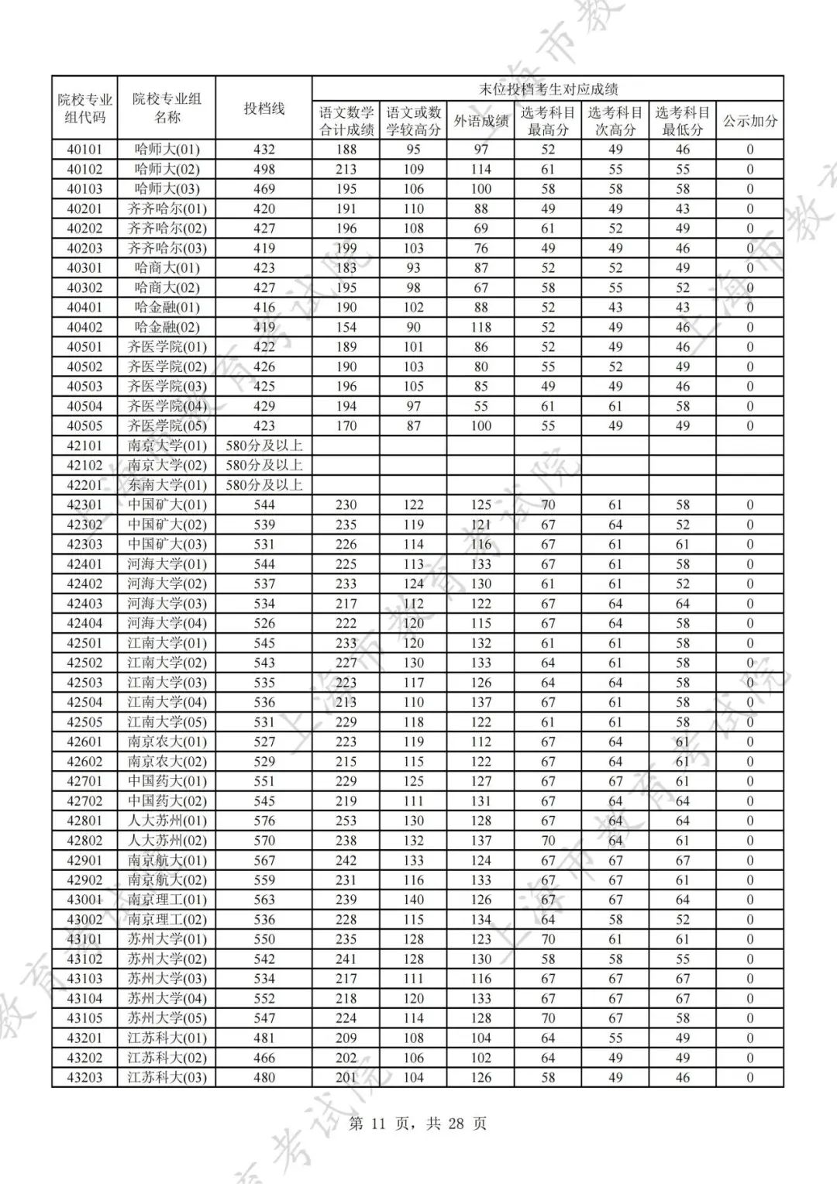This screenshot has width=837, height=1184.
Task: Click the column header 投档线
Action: tap(264, 108)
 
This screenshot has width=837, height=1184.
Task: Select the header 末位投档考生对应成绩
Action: tap(547, 89)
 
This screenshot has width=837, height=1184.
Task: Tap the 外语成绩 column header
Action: tap(480, 121)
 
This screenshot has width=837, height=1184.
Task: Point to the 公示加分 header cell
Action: tap(749, 121)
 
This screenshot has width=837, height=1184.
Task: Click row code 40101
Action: tap(84, 150)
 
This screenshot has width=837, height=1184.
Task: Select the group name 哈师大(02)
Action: tap(167, 169)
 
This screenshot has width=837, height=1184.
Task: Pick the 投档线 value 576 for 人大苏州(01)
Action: tap(264, 821)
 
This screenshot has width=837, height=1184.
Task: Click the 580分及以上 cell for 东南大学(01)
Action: tap(264, 485)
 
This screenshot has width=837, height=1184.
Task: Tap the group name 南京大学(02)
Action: tap(167, 465)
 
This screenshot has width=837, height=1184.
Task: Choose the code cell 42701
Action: tap(84, 781)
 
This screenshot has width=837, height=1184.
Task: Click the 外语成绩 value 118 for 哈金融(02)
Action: tap(480, 327)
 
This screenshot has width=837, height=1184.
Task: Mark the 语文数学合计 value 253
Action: tap(346, 821)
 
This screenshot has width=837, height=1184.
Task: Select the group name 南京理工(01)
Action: tap(167, 900)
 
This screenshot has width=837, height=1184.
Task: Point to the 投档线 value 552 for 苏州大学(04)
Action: tap(264, 998)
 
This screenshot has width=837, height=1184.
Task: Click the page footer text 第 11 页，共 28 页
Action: tap(418, 1124)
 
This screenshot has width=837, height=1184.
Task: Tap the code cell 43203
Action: tap(84, 1077)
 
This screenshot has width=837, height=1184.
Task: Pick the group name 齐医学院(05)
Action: tap(167, 425)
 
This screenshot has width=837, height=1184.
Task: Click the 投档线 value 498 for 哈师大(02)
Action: tap(264, 169)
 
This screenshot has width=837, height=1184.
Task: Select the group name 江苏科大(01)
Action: tap(167, 1038)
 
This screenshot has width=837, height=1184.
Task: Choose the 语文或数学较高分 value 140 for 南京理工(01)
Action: tap(413, 900)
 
